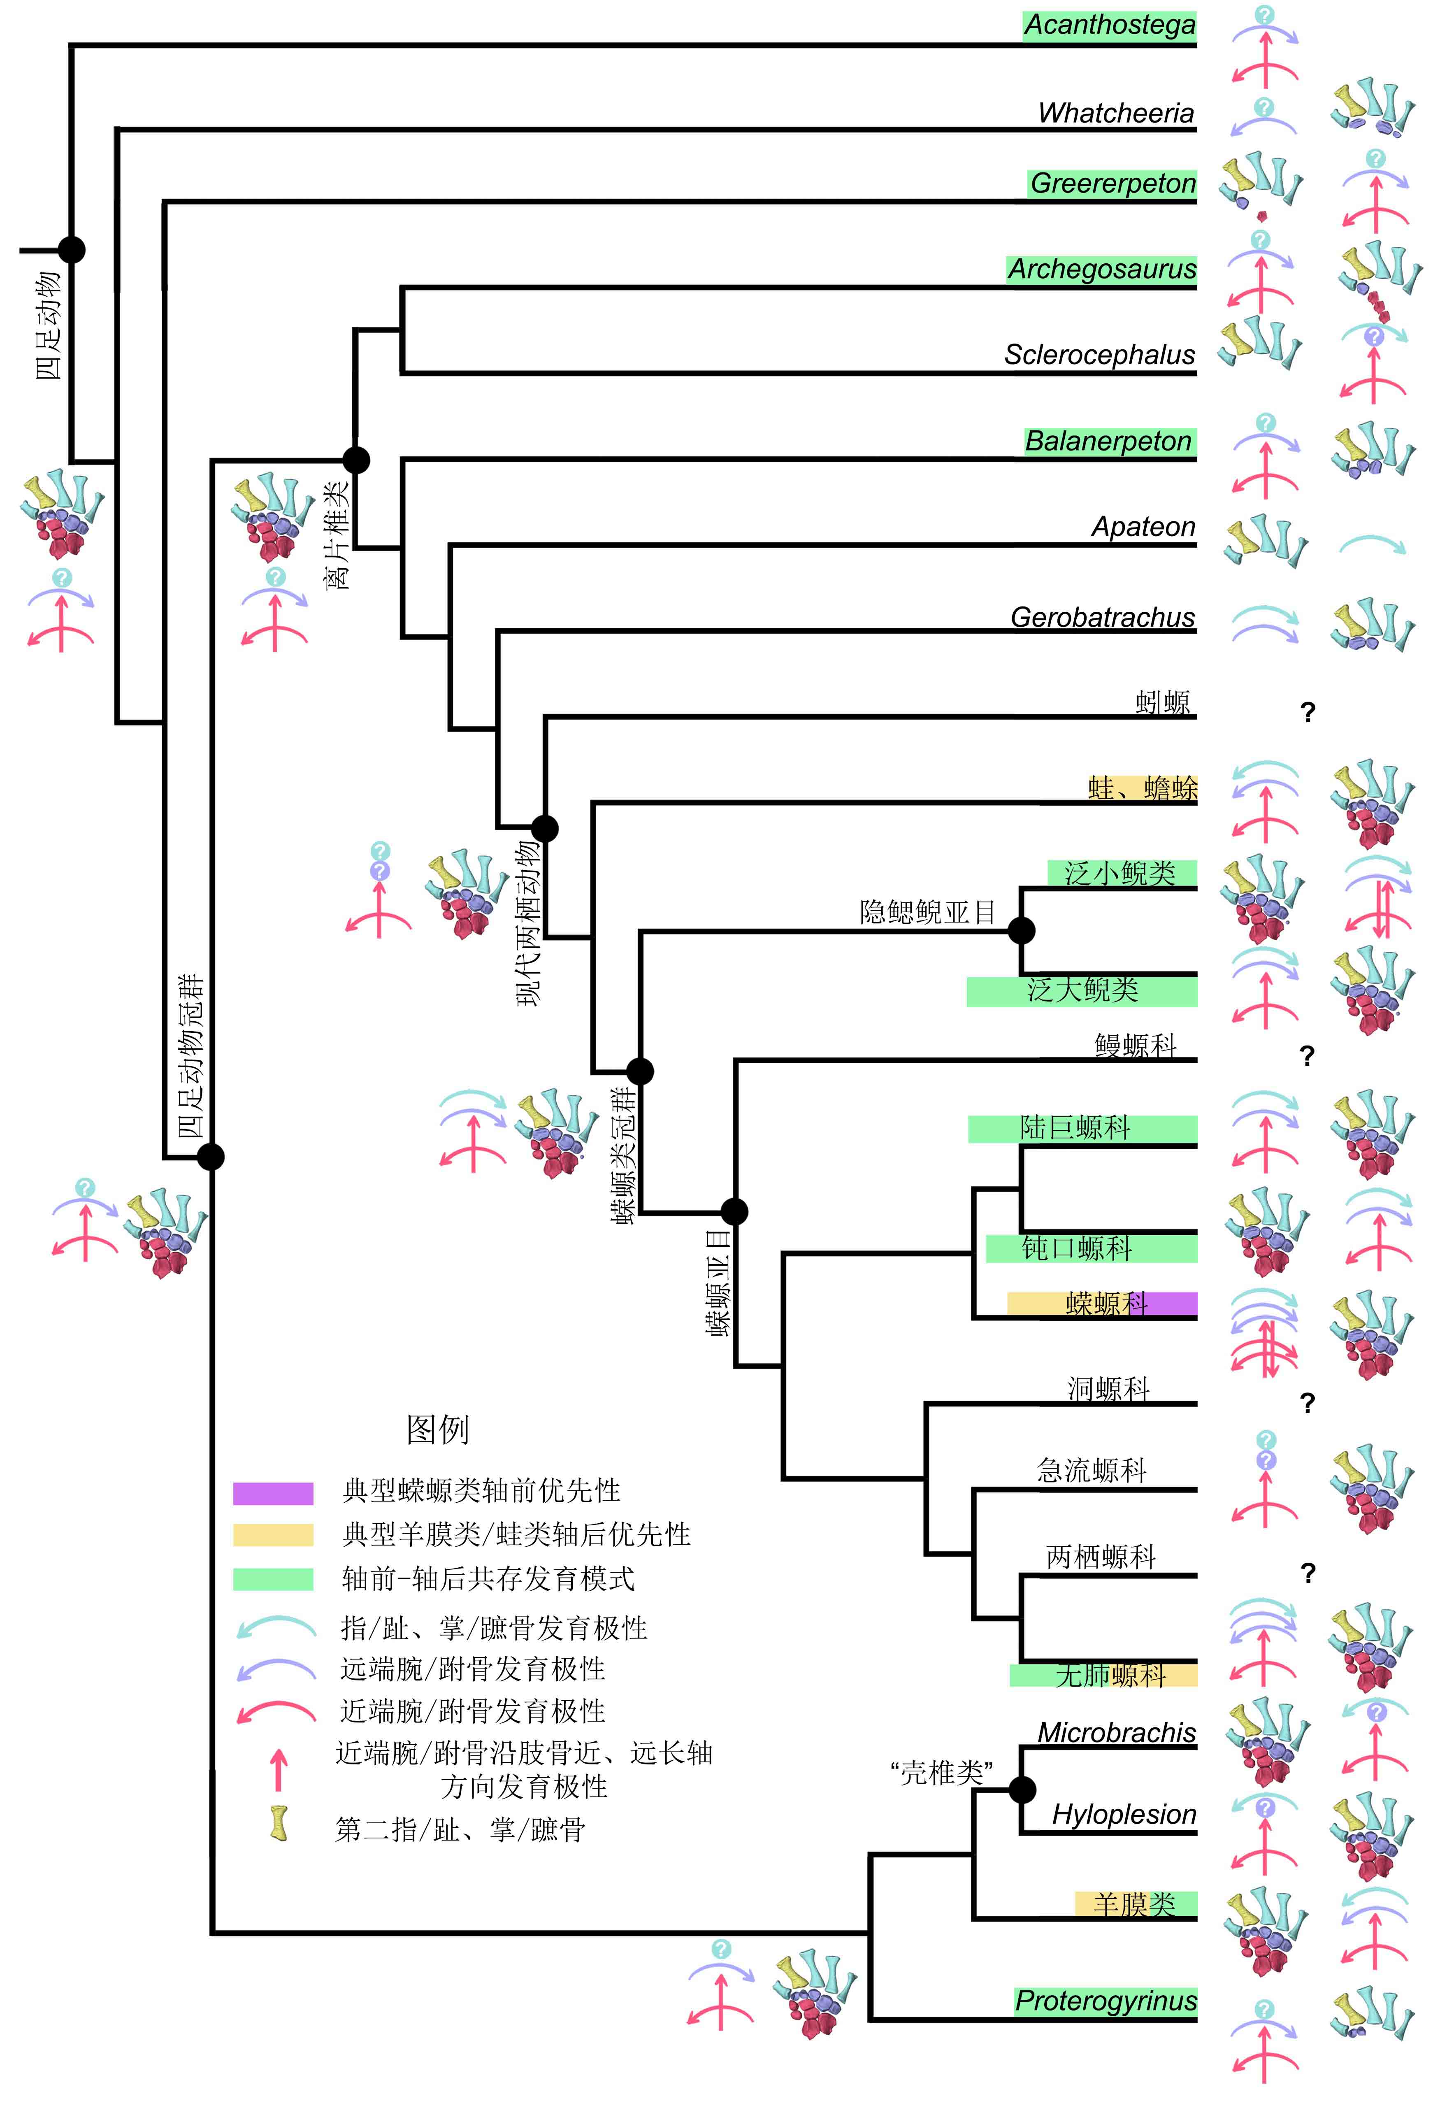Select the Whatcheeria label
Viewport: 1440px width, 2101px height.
point(1116,113)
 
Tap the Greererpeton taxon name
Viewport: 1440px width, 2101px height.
point(1113,184)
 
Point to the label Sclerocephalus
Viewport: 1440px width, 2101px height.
point(1099,354)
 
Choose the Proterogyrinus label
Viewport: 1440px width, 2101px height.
point(1106,2001)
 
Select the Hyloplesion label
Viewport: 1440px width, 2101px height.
point(1124,1813)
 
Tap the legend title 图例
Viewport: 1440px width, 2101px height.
point(437,1428)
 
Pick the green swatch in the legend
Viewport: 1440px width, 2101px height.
point(273,1578)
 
